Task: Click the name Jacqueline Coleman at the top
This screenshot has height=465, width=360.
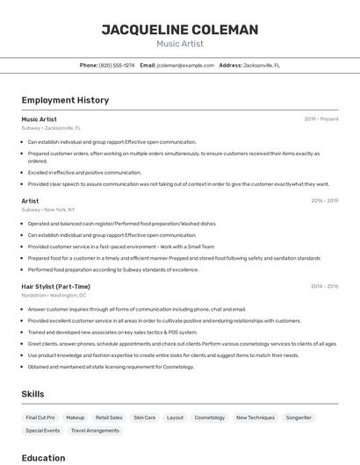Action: tap(179, 30)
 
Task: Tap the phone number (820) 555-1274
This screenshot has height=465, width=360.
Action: tap(117, 65)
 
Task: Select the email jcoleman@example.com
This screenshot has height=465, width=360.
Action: tap(185, 65)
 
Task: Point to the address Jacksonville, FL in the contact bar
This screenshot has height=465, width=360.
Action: tap(262, 65)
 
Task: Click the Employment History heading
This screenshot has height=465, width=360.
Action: tap(65, 100)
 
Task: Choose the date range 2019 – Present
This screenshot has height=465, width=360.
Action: tap(320, 118)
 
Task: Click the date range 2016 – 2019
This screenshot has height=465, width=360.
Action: tap(324, 200)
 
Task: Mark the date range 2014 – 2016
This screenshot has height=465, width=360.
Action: tap(324, 286)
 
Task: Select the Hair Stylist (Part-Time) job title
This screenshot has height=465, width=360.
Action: tap(55, 286)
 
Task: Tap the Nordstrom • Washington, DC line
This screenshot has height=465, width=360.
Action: tap(54, 296)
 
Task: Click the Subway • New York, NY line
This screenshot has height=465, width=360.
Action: tap(47, 210)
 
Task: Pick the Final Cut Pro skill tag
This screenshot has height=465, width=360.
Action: tap(40, 418)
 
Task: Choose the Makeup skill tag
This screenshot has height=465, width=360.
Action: tap(76, 418)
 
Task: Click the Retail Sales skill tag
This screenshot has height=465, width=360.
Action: tap(109, 418)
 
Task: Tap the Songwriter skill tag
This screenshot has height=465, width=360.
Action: tap(299, 418)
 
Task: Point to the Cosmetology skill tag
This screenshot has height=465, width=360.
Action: tap(209, 418)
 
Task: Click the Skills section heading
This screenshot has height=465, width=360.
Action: tap(32, 394)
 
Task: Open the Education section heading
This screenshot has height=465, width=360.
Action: tap(43, 457)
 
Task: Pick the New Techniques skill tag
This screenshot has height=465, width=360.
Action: tap(255, 418)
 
